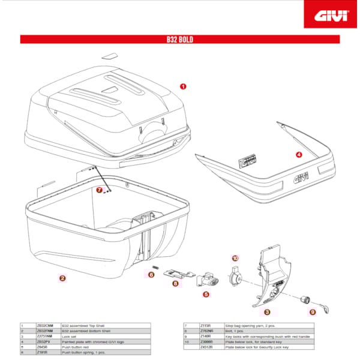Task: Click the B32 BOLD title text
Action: click(179, 40)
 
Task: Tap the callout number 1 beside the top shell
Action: click(183, 86)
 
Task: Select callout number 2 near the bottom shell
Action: click(63, 278)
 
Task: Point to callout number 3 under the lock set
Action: click(267, 312)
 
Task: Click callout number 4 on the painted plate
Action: click(299, 154)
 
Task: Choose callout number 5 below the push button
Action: click(206, 294)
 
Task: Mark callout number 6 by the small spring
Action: click(151, 275)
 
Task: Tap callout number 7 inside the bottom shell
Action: click(100, 189)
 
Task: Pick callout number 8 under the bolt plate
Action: click(175, 283)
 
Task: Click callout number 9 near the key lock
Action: click(313, 312)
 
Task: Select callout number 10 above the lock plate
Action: click(235, 258)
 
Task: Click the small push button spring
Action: click(155, 267)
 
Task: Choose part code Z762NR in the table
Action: click(207, 330)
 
